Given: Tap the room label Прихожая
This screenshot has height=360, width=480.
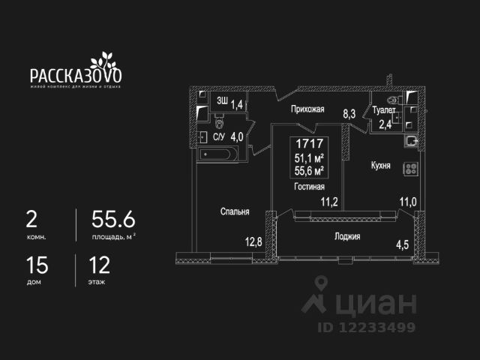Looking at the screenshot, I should [x=307, y=109].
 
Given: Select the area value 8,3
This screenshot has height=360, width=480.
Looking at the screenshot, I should [x=349, y=114].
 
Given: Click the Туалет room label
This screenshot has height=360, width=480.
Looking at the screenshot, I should [x=384, y=111].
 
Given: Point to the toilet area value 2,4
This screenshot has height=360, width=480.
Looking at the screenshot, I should [x=384, y=124].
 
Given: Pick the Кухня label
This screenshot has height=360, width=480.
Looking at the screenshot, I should [x=380, y=165].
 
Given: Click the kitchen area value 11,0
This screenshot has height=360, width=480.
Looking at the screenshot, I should [x=407, y=201].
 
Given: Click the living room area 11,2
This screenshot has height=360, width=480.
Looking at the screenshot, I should [x=329, y=201].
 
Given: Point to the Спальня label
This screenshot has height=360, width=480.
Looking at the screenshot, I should [x=235, y=211].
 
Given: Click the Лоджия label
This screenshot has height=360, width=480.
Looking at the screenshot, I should [x=347, y=236].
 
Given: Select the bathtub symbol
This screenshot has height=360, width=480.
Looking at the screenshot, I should [x=219, y=155].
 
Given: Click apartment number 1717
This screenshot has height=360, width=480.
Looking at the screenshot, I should [x=308, y=142].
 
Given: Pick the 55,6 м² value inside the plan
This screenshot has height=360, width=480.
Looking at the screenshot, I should [x=308, y=169].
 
